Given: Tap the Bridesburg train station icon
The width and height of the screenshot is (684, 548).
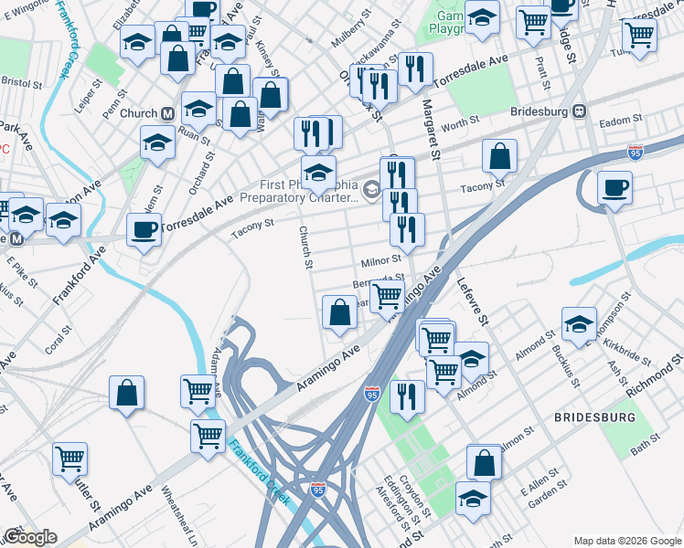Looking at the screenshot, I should (579, 111).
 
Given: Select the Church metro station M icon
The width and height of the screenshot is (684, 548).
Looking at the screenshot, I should (167, 113).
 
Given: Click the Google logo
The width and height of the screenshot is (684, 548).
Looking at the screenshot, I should (30, 537).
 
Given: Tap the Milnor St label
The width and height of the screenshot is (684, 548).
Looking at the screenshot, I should (380, 262).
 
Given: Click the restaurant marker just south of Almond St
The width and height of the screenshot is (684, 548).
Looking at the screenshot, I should (406, 396).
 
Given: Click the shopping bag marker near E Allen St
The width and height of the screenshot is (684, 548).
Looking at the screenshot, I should (484, 462).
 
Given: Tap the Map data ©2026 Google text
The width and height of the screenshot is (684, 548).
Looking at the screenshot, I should (626, 540).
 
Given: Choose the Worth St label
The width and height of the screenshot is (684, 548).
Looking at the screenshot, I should (460, 122).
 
